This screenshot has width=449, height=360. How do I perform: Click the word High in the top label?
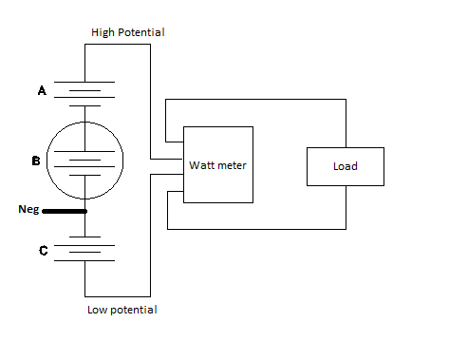coord(103,32)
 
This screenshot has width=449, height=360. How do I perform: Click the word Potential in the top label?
coord(141,32)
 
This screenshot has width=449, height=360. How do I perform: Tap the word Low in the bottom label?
coord(97,310)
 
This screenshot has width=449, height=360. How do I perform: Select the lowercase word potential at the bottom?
coord(134,311)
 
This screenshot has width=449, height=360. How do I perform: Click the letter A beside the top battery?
coord(42,90)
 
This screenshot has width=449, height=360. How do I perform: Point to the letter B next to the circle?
coord(36,161)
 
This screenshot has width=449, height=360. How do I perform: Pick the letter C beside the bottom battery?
coord(44,251)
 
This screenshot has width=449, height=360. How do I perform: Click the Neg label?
coord(28,209)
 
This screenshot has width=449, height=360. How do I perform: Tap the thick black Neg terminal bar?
coord(65,211)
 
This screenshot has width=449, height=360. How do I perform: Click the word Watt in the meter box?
coord(200,165)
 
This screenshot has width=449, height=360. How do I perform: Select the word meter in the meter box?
coord(231,165)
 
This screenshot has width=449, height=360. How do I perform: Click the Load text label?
coord(346,166)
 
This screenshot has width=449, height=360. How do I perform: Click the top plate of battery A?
coord(84,83)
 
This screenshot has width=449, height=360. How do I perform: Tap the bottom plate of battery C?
coord(84,261)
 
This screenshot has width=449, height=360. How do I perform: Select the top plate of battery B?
coord(84,152)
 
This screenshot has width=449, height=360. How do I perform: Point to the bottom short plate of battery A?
coord(84,106)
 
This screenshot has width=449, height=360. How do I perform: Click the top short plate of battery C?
coord(84,237)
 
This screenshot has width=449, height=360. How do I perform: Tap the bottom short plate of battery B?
coord(84,175)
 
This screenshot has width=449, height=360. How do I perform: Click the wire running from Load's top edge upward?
coord(346,123)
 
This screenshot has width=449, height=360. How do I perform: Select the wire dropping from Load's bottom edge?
coord(346,207)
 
